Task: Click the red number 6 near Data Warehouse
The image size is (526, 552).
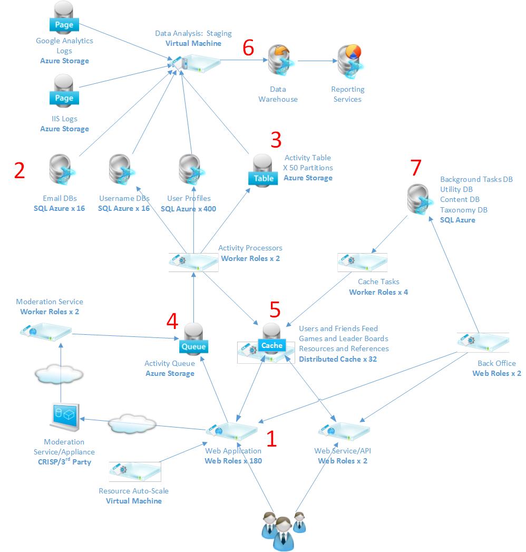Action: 248,48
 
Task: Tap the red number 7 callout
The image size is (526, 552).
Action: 416,168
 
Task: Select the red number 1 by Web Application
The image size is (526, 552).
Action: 271,439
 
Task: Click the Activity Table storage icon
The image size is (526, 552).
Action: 264,170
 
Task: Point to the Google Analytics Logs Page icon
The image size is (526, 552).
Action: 64,19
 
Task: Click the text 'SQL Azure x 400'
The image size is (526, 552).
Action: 188,209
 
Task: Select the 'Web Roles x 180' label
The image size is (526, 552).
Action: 233,461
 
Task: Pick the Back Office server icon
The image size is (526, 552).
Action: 482,342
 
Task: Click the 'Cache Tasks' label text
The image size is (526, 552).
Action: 378,282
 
